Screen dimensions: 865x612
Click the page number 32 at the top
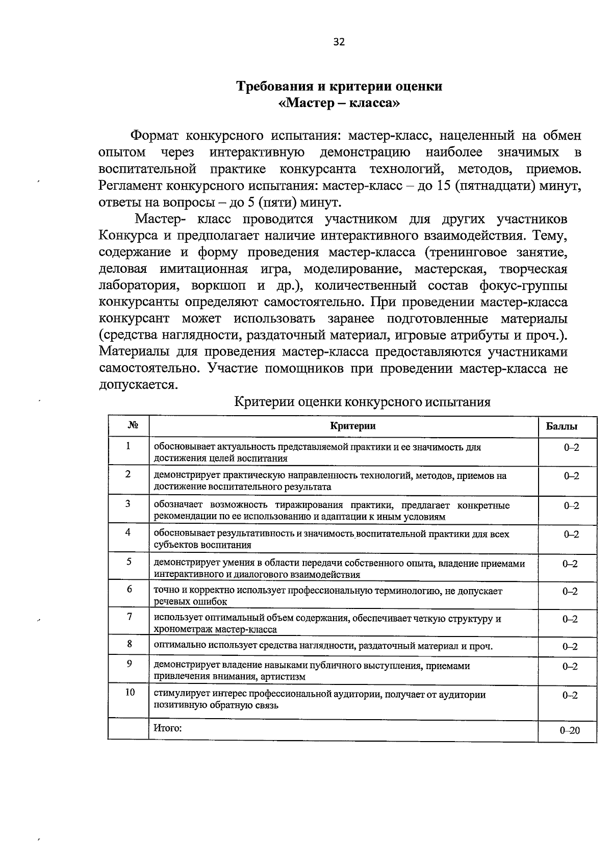coord(339,42)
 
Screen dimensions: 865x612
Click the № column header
coord(129,426)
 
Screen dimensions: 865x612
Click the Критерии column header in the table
coord(353,426)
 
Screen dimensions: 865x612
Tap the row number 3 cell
coord(129,504)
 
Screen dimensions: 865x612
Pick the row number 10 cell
coord(130,692)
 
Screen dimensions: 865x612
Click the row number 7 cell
coord(130,617)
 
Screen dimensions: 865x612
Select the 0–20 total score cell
coord(570,730)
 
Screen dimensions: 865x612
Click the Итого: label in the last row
coord(168,728)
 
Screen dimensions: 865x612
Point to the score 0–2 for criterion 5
coord(570,564)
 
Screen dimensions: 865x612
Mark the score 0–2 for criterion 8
coord(570,647)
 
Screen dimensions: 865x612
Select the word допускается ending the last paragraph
coord(138,385)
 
